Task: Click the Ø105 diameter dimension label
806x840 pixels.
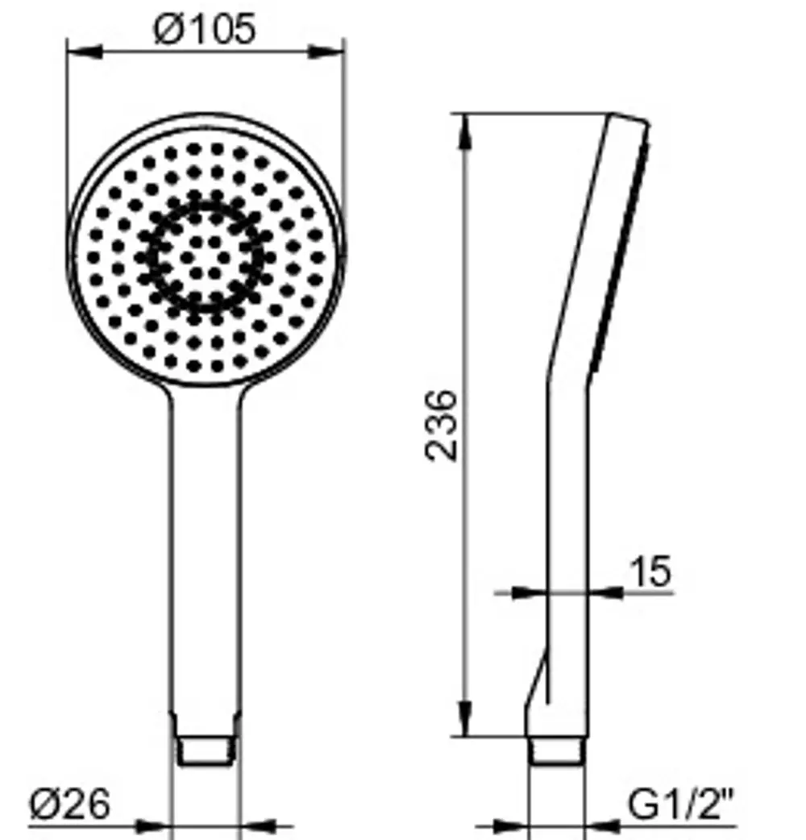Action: pos(205,30)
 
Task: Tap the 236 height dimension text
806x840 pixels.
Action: pos(442,426)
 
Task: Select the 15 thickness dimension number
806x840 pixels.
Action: pos(650,572)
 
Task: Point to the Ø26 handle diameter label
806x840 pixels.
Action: pos(69,804)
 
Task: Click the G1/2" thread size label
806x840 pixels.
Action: pos(680,804)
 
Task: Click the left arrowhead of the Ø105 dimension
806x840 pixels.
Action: pos(84,52)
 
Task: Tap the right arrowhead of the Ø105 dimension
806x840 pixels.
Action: pos(326,52)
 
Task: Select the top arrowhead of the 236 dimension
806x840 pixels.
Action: pos(466,131)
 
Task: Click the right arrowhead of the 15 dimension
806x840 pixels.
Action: pos(606,593)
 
